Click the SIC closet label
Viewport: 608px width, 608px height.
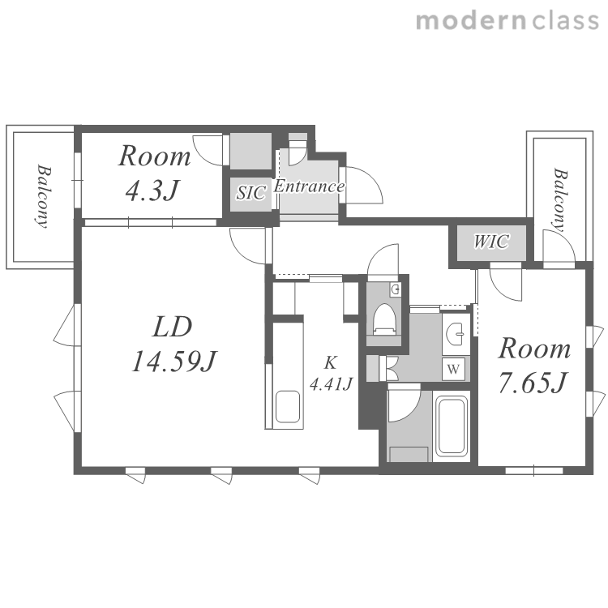(251, 193)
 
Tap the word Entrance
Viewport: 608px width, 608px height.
(309, 186)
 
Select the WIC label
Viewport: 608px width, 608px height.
(491, 242)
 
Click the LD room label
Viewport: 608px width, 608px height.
(172, 327)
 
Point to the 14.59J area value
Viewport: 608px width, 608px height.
(174, 362)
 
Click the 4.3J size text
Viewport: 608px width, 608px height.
(152, 191)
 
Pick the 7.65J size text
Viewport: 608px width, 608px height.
(533, 382)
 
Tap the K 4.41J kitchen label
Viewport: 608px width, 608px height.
(331, 374)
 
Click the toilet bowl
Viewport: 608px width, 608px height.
(384, 319)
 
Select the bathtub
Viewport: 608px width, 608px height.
(452, 426)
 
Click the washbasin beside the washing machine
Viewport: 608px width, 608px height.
(456, 333)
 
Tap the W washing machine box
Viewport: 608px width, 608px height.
(454, 369)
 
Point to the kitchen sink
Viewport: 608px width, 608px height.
(287, 407)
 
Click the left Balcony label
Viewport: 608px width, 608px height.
(42, 196)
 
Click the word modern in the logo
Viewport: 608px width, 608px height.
(472, 21)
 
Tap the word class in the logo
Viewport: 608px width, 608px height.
(565, 21)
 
